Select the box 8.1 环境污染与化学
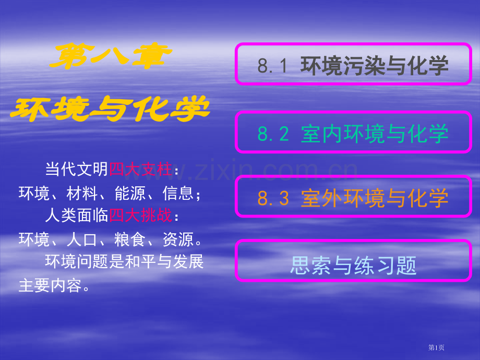pos(353,65)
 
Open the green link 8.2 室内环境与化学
pos(353,133)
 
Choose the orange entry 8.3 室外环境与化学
pos(353,198)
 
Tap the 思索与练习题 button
pos(353,265)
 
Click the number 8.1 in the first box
pos(273,66)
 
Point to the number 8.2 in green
pos(273,134)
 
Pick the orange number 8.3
pos(273,199)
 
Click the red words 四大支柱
pos(140,170)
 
